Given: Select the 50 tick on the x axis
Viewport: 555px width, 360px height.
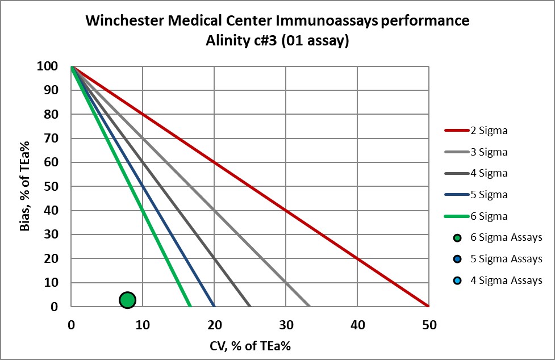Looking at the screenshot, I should pyautogui.click(x=429, y=325).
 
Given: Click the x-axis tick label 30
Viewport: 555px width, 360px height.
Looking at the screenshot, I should pyautogui.click(x=286, y=325).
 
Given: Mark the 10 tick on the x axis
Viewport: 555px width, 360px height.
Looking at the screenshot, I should pyautogui.click(x=142, y=325).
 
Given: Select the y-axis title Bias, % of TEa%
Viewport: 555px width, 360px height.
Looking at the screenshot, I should pyautogui.click(x=26, y=186).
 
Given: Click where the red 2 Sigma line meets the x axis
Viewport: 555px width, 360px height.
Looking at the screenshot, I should pyautogui.click(x=429, y=306).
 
